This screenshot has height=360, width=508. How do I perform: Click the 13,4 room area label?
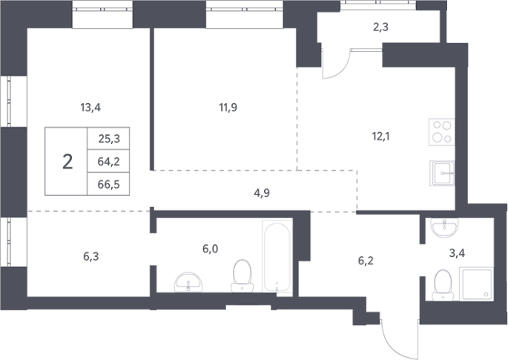(x=90, y=108)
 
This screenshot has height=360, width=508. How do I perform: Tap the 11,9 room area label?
(x=228, y=107)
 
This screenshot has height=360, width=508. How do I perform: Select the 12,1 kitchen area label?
(x=380, y=137)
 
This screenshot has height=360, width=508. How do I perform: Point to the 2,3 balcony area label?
(x=380, y=27)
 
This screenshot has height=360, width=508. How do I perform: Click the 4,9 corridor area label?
(x=262, y=193)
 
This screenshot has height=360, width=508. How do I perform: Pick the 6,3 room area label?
(x=91, y=257)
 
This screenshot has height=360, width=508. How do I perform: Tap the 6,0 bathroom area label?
(x=211, y=249)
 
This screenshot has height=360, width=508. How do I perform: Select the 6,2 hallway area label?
(x=366, y=261)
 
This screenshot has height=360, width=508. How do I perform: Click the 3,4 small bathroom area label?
(x=457, y=253)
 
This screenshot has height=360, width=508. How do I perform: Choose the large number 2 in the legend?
(x=67, y=162)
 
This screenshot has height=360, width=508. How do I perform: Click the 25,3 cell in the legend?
(x=109, y=139)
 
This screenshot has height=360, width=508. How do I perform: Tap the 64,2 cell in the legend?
(x=108, y=162)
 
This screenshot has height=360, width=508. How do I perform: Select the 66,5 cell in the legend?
(x=108, y=185)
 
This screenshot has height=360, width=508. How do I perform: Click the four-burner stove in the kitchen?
(x=441, y=132)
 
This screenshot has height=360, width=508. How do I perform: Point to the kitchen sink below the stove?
(x=442, y=173)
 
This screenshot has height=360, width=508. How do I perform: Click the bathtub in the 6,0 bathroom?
(x=277, y=258)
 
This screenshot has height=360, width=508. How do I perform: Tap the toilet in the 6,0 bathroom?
(x=243, y=276)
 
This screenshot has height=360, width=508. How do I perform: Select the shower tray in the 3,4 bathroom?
(x=476, y=284)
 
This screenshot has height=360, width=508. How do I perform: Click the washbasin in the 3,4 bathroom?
(x=444, y=228)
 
